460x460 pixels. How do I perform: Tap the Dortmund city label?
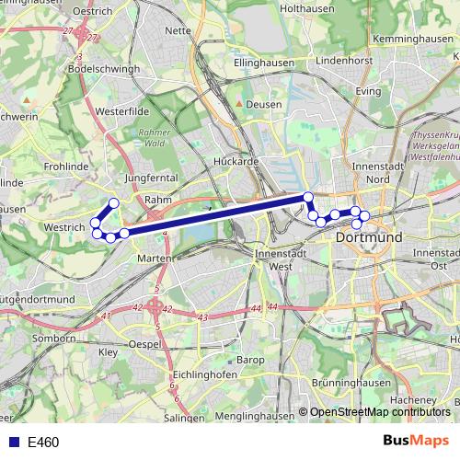[370, 236]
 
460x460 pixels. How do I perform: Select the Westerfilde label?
[121, 111]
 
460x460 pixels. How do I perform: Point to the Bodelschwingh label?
[104, 68]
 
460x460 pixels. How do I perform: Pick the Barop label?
[250, 359]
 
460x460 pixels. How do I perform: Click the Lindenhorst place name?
[343, 60]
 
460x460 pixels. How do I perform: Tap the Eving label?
[368, 92]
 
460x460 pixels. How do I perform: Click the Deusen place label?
[264, 105]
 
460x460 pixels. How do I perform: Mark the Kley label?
[109, 352]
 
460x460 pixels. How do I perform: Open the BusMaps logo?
[417, 442]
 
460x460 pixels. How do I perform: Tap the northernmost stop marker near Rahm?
[114, 203]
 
